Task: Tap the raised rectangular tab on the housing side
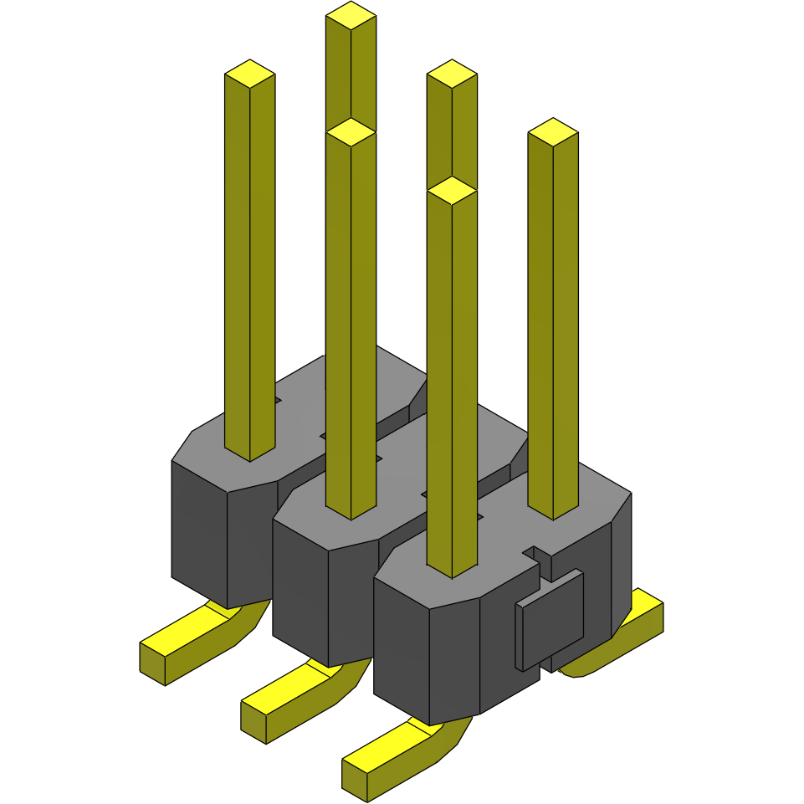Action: [x=550, y=620]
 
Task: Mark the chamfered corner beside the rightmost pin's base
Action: [x=621, y=510]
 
